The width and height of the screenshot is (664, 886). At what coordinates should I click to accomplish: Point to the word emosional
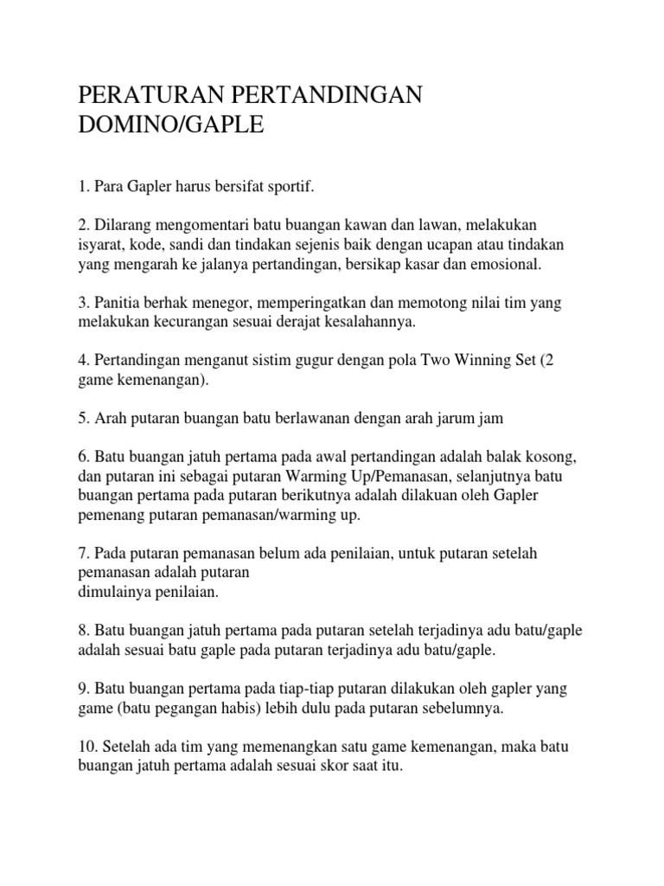[508, 264]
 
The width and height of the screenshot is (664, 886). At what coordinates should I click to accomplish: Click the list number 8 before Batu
[82, 632]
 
